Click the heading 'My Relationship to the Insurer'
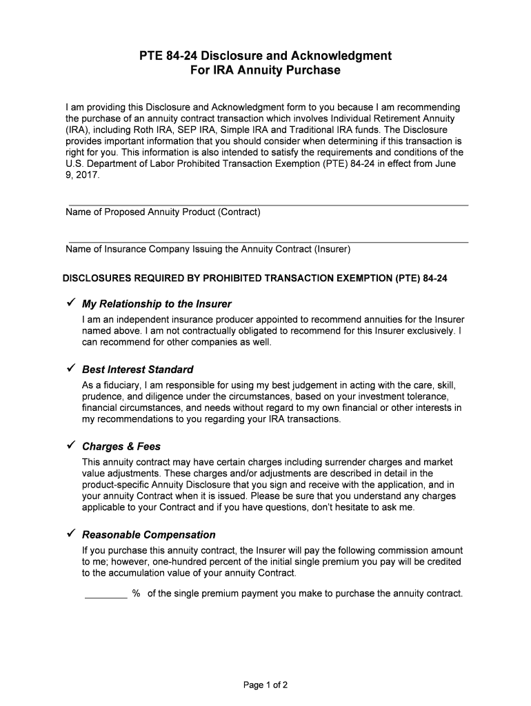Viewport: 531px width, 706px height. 157,304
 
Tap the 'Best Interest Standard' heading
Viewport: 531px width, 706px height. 138,370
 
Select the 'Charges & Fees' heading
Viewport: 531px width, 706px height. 121,447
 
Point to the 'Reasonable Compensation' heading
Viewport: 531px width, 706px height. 149,535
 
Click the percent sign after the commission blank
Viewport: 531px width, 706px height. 137,594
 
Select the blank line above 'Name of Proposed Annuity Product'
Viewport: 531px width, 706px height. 267,205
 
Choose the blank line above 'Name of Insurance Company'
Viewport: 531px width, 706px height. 267,242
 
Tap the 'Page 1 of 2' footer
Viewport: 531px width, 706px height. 265,685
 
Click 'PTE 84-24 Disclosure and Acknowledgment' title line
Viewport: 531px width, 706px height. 265,55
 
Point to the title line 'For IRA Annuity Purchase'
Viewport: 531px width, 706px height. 265,70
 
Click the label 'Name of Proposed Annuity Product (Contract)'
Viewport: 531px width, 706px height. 163,212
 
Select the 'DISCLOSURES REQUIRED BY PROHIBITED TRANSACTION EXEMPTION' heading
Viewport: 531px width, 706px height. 255,279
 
